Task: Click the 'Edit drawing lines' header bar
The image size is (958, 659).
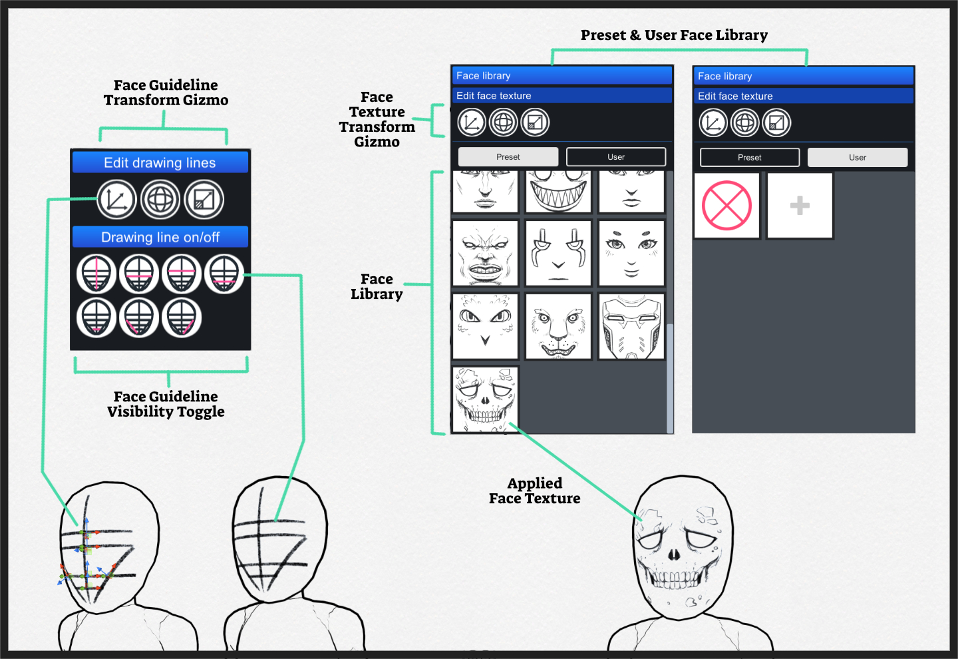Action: [x=160, y=162]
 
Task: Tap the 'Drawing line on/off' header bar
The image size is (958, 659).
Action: [x=160, y=237]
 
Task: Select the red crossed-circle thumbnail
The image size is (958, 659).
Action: [x=726, y=206]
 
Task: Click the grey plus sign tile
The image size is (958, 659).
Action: [x=800, y=206]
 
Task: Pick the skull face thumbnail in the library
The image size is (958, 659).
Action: [x=485, y=399]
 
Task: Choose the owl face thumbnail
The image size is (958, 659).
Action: [x=485, y=326]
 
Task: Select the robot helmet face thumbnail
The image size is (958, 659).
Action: [x=631, y=326]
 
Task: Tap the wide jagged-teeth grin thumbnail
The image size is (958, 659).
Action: [x=558, y=191]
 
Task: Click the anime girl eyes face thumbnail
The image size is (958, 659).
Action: [x=631, y=254]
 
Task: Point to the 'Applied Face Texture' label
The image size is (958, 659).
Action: [x=534, y=491]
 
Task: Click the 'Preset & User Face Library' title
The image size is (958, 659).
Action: [x=674, y=35]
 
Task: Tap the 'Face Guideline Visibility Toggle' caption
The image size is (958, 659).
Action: [x=166, y=404]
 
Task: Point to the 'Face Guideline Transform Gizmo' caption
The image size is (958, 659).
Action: [x=166, y=93]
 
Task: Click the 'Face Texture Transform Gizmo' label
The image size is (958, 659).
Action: [x=377, y=120]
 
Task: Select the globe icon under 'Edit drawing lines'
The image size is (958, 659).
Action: [x=160, y=200]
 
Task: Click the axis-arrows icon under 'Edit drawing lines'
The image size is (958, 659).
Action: [x=116, y=200]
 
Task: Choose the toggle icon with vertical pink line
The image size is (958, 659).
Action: [x=96, y=274]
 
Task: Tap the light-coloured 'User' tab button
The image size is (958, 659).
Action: [x=857, y=158]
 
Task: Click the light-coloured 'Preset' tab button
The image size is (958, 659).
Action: [x=508, y=157]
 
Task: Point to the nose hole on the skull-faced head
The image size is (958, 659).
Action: [x=673, y=554]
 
